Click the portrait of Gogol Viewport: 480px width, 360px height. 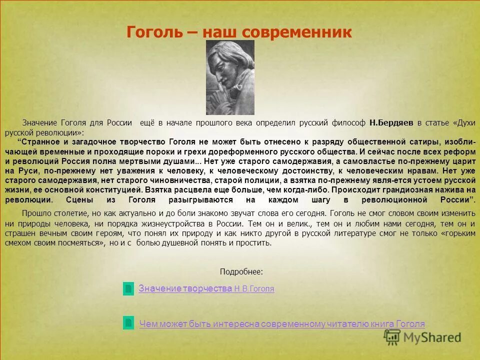coord(230,77)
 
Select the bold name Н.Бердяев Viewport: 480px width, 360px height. coord(391,122)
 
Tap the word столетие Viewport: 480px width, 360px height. coord(69,214)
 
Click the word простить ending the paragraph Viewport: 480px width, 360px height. coord(256,243)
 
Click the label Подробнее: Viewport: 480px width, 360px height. coord(241,271)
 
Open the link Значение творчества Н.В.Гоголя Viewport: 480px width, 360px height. coord(206,288)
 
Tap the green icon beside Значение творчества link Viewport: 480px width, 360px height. coord(128,288)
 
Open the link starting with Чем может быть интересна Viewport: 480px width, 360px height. coord(282,324)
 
